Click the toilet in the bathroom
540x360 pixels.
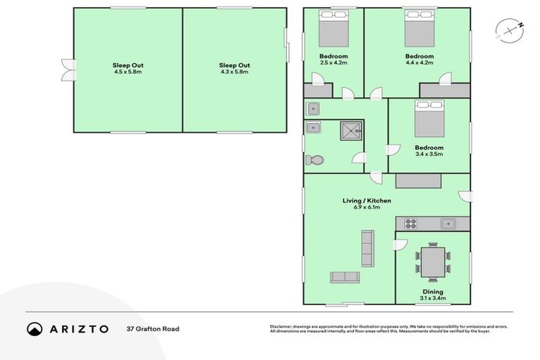[314, 160]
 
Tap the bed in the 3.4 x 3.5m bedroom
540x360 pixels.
[429, 119]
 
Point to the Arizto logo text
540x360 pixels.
[78, 328]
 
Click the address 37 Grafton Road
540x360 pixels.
[153, 328]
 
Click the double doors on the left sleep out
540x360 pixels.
[68, 69]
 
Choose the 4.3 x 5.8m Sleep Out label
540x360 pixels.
[234, 68]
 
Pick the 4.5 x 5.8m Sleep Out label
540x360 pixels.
[128, 68]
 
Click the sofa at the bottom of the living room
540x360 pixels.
[345, 277]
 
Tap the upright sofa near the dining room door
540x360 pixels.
[367, 246]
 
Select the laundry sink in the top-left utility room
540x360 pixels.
[314, 108]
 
